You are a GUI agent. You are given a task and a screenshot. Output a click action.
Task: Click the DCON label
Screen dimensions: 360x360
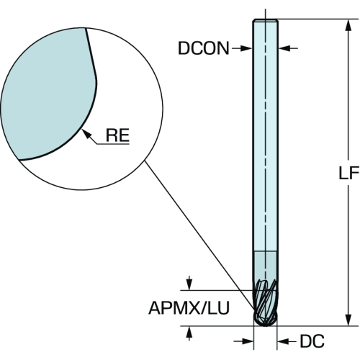click(204, 48)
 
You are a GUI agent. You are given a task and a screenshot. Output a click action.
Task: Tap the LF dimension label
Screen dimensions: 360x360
click(349, 173)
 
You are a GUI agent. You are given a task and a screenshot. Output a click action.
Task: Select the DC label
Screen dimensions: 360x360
click(312, 341)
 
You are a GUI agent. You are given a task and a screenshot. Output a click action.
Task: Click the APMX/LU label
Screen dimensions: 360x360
click(189, 308)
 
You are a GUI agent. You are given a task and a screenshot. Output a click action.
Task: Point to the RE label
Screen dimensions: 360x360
click(117, 135)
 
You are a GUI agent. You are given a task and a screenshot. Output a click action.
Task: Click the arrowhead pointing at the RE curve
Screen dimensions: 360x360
click(86, 134)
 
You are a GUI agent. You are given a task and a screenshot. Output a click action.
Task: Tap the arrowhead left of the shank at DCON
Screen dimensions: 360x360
click(246, 48)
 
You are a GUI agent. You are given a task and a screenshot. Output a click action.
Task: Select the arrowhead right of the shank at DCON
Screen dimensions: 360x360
click(284, 48)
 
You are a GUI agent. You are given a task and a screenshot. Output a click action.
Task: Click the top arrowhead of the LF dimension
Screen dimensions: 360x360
click(349, 25)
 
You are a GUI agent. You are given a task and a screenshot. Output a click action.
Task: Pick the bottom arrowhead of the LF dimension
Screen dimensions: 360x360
click(349, 320)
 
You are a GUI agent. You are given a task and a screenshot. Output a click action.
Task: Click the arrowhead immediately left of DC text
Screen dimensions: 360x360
click(283, 341)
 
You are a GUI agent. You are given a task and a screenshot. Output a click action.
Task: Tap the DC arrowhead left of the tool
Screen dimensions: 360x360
click(248, 341)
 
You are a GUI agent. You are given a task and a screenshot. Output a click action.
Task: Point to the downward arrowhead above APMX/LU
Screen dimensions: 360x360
click(189, 285)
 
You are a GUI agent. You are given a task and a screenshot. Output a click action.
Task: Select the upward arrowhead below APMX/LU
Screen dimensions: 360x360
click(189, 332)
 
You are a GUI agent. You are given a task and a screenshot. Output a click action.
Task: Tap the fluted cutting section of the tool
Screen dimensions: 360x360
click(266, 302)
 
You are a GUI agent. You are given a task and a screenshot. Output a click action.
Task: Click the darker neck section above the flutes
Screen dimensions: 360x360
click(266, 265)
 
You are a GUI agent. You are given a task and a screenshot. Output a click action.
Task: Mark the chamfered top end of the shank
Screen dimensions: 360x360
click(266, 20)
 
